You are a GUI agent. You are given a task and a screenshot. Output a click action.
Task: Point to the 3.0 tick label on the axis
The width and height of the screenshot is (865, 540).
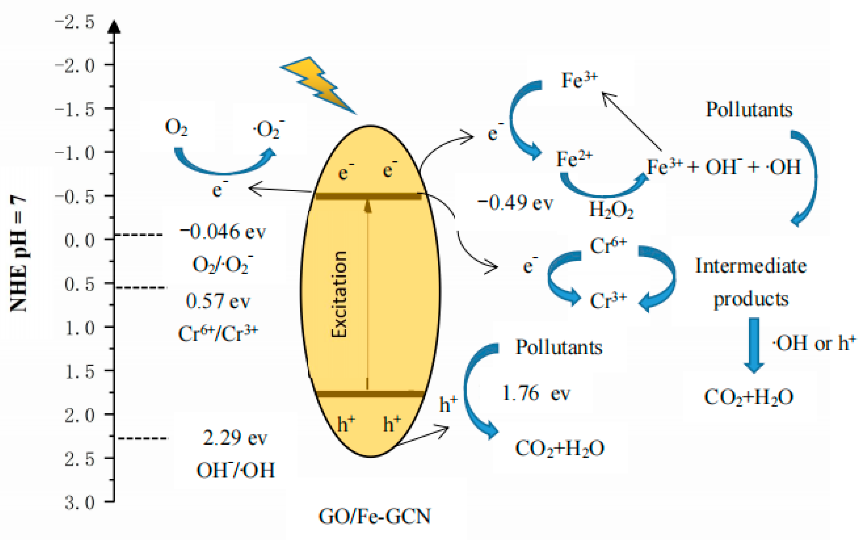point(79,503)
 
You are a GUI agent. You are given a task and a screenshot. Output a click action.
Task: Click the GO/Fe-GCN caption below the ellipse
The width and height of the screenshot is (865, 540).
point(375,516)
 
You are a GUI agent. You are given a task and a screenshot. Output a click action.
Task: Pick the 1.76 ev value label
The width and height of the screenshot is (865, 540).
point(535,393)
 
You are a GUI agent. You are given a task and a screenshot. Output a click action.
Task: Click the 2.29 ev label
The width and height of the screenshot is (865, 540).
point(234,438)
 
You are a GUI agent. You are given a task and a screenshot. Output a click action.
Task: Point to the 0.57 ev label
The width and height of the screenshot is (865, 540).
point(218,301)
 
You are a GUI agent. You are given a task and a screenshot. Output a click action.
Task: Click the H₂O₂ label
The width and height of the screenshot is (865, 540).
point(611,210)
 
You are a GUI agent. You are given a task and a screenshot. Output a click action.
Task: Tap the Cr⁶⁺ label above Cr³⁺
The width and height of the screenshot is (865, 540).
point(608,245)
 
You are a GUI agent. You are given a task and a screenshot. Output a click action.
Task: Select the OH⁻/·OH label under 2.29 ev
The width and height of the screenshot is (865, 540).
point(236,470)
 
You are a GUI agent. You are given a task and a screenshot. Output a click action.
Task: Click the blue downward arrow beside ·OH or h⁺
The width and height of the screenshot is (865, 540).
point(754,345)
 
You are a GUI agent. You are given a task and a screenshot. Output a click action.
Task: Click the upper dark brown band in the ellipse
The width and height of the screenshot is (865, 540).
point(368,196)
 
